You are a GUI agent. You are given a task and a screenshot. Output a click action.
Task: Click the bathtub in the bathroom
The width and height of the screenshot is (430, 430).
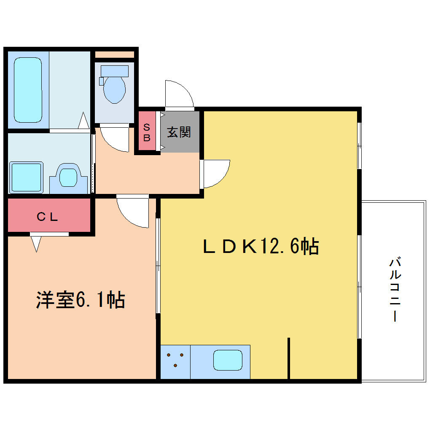[x=28, y=90]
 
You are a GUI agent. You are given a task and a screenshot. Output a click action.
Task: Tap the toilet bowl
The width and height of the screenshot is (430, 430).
[x=114, y=89]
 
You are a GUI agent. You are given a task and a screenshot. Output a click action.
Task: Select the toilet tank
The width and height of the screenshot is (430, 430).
[x=114, y=71]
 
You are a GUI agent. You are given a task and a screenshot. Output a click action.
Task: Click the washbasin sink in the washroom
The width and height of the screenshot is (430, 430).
[x=68, y=177]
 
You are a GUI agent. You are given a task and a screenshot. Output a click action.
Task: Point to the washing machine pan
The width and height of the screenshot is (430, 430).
[x=26, y=177]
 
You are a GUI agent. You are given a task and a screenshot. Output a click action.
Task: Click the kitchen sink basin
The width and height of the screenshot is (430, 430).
[x=228, y=360]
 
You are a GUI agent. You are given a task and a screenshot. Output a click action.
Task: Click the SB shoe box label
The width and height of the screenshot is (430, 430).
[x=147, y=132]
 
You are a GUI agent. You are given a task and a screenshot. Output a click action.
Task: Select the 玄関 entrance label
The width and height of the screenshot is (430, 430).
[x=179, y=132]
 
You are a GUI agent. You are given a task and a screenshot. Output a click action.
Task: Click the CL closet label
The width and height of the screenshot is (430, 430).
[x=47, y=217]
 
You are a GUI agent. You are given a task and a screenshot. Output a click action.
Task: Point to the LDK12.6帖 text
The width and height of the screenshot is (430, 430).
[x=261, y=246]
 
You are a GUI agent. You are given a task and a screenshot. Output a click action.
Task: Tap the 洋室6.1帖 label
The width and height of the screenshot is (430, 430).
[x=81, y=300]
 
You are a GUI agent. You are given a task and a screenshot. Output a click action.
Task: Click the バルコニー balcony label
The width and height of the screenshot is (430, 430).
[x=395, y=289]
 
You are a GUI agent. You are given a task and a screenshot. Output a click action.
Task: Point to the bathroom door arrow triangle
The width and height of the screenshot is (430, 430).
[x=83, y=121]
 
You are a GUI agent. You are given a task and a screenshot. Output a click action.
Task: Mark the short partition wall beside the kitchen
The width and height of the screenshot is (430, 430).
[x=288, y=358]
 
